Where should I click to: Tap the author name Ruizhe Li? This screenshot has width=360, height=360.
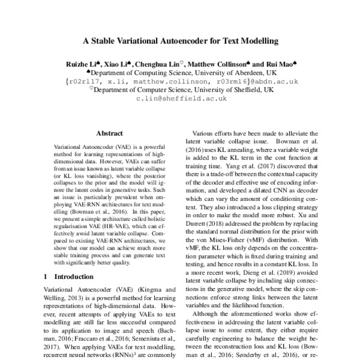tap(82, 63)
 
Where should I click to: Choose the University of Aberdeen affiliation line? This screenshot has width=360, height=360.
tap(180, 71)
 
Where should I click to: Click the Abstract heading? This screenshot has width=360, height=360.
tap(109, 133)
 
